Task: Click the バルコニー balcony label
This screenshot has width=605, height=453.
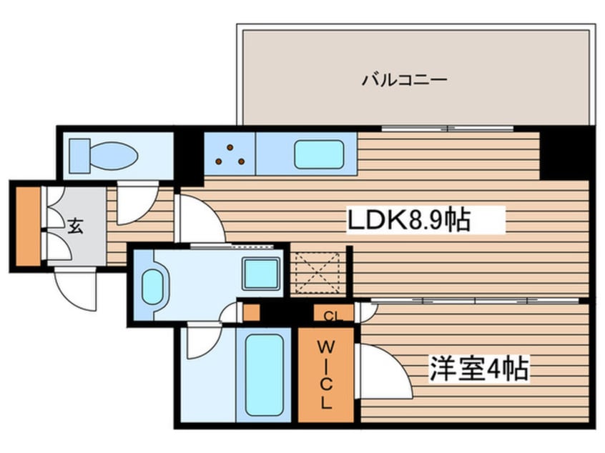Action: click(x=404, y=79)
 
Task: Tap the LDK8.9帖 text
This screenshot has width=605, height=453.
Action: click(x=408, y=221)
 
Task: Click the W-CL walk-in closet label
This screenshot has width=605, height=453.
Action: click(x=325, y=374)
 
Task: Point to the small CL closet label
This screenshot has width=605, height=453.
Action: click(x=330, y=315)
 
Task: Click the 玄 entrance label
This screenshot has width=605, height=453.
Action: click(x=75, y=227)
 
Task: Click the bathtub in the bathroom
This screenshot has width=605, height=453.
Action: click(x=262, y=374)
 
